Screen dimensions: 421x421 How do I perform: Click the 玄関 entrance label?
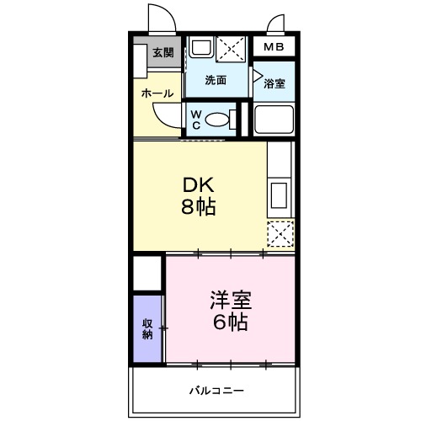tap(163, 53)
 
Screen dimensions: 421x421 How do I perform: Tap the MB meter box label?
tap(274, 48)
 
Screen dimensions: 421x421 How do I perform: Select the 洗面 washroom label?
tap(216, 81)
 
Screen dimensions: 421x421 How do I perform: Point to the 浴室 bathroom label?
tap(274, 83)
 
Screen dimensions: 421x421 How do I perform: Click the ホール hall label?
tap(157, 93)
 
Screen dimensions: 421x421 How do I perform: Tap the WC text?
tap(195, 120)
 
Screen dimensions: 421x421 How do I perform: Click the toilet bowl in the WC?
tap(221, 120)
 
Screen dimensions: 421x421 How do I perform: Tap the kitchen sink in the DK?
tap(280, 195)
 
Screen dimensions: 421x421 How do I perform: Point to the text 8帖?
tap(200, 208)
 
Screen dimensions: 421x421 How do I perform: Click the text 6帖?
tap(229, 322)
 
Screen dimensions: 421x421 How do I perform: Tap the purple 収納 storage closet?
tap(147, 328)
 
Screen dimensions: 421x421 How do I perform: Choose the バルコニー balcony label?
tap(216, 391)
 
